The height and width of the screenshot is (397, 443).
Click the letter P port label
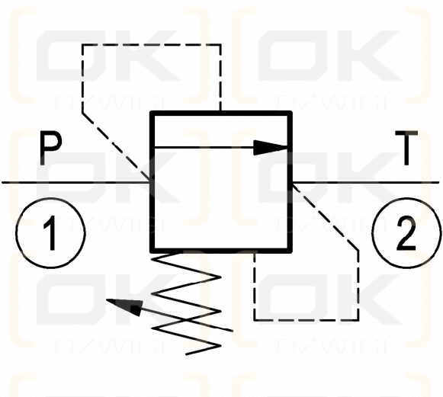click(x=50, y=149)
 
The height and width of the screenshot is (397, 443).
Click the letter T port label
click(x=406, y=148)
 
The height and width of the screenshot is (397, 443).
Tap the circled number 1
click(x=50, y=233)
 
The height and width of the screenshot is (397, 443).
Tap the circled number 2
click(x=406, y=233)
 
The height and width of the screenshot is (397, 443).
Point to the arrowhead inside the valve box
click(x=271, y=147)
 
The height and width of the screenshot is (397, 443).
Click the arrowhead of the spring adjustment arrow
click(x=124, y=306)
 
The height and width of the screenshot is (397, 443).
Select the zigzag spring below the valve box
click(x=186, y=303)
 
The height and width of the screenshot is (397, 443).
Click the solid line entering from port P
click(x=75, y=183)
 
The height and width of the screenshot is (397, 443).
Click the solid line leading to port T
click(x=365, y=183)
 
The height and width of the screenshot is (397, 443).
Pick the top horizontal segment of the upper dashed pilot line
click(x=152, y=45)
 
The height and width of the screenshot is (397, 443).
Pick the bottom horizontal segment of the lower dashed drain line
click(x=307, y=320)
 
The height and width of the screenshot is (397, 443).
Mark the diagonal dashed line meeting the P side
click(x=116, y=146)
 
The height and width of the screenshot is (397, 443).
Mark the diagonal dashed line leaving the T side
click(x=325, y=217)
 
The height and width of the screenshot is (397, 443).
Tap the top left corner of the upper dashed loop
click(x=82, y=45)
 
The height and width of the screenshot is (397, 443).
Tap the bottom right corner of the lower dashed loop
click(x=358, y=320)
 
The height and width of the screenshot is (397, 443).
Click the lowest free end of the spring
click(x=186, y=354)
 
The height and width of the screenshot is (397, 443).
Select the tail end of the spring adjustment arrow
click(x=233, y=331)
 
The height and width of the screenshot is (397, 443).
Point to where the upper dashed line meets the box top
click(x=220, y=112)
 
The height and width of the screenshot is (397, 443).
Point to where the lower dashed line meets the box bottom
click(x=255, y=252)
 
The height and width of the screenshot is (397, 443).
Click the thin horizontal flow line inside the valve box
click(x=204, y=147)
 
